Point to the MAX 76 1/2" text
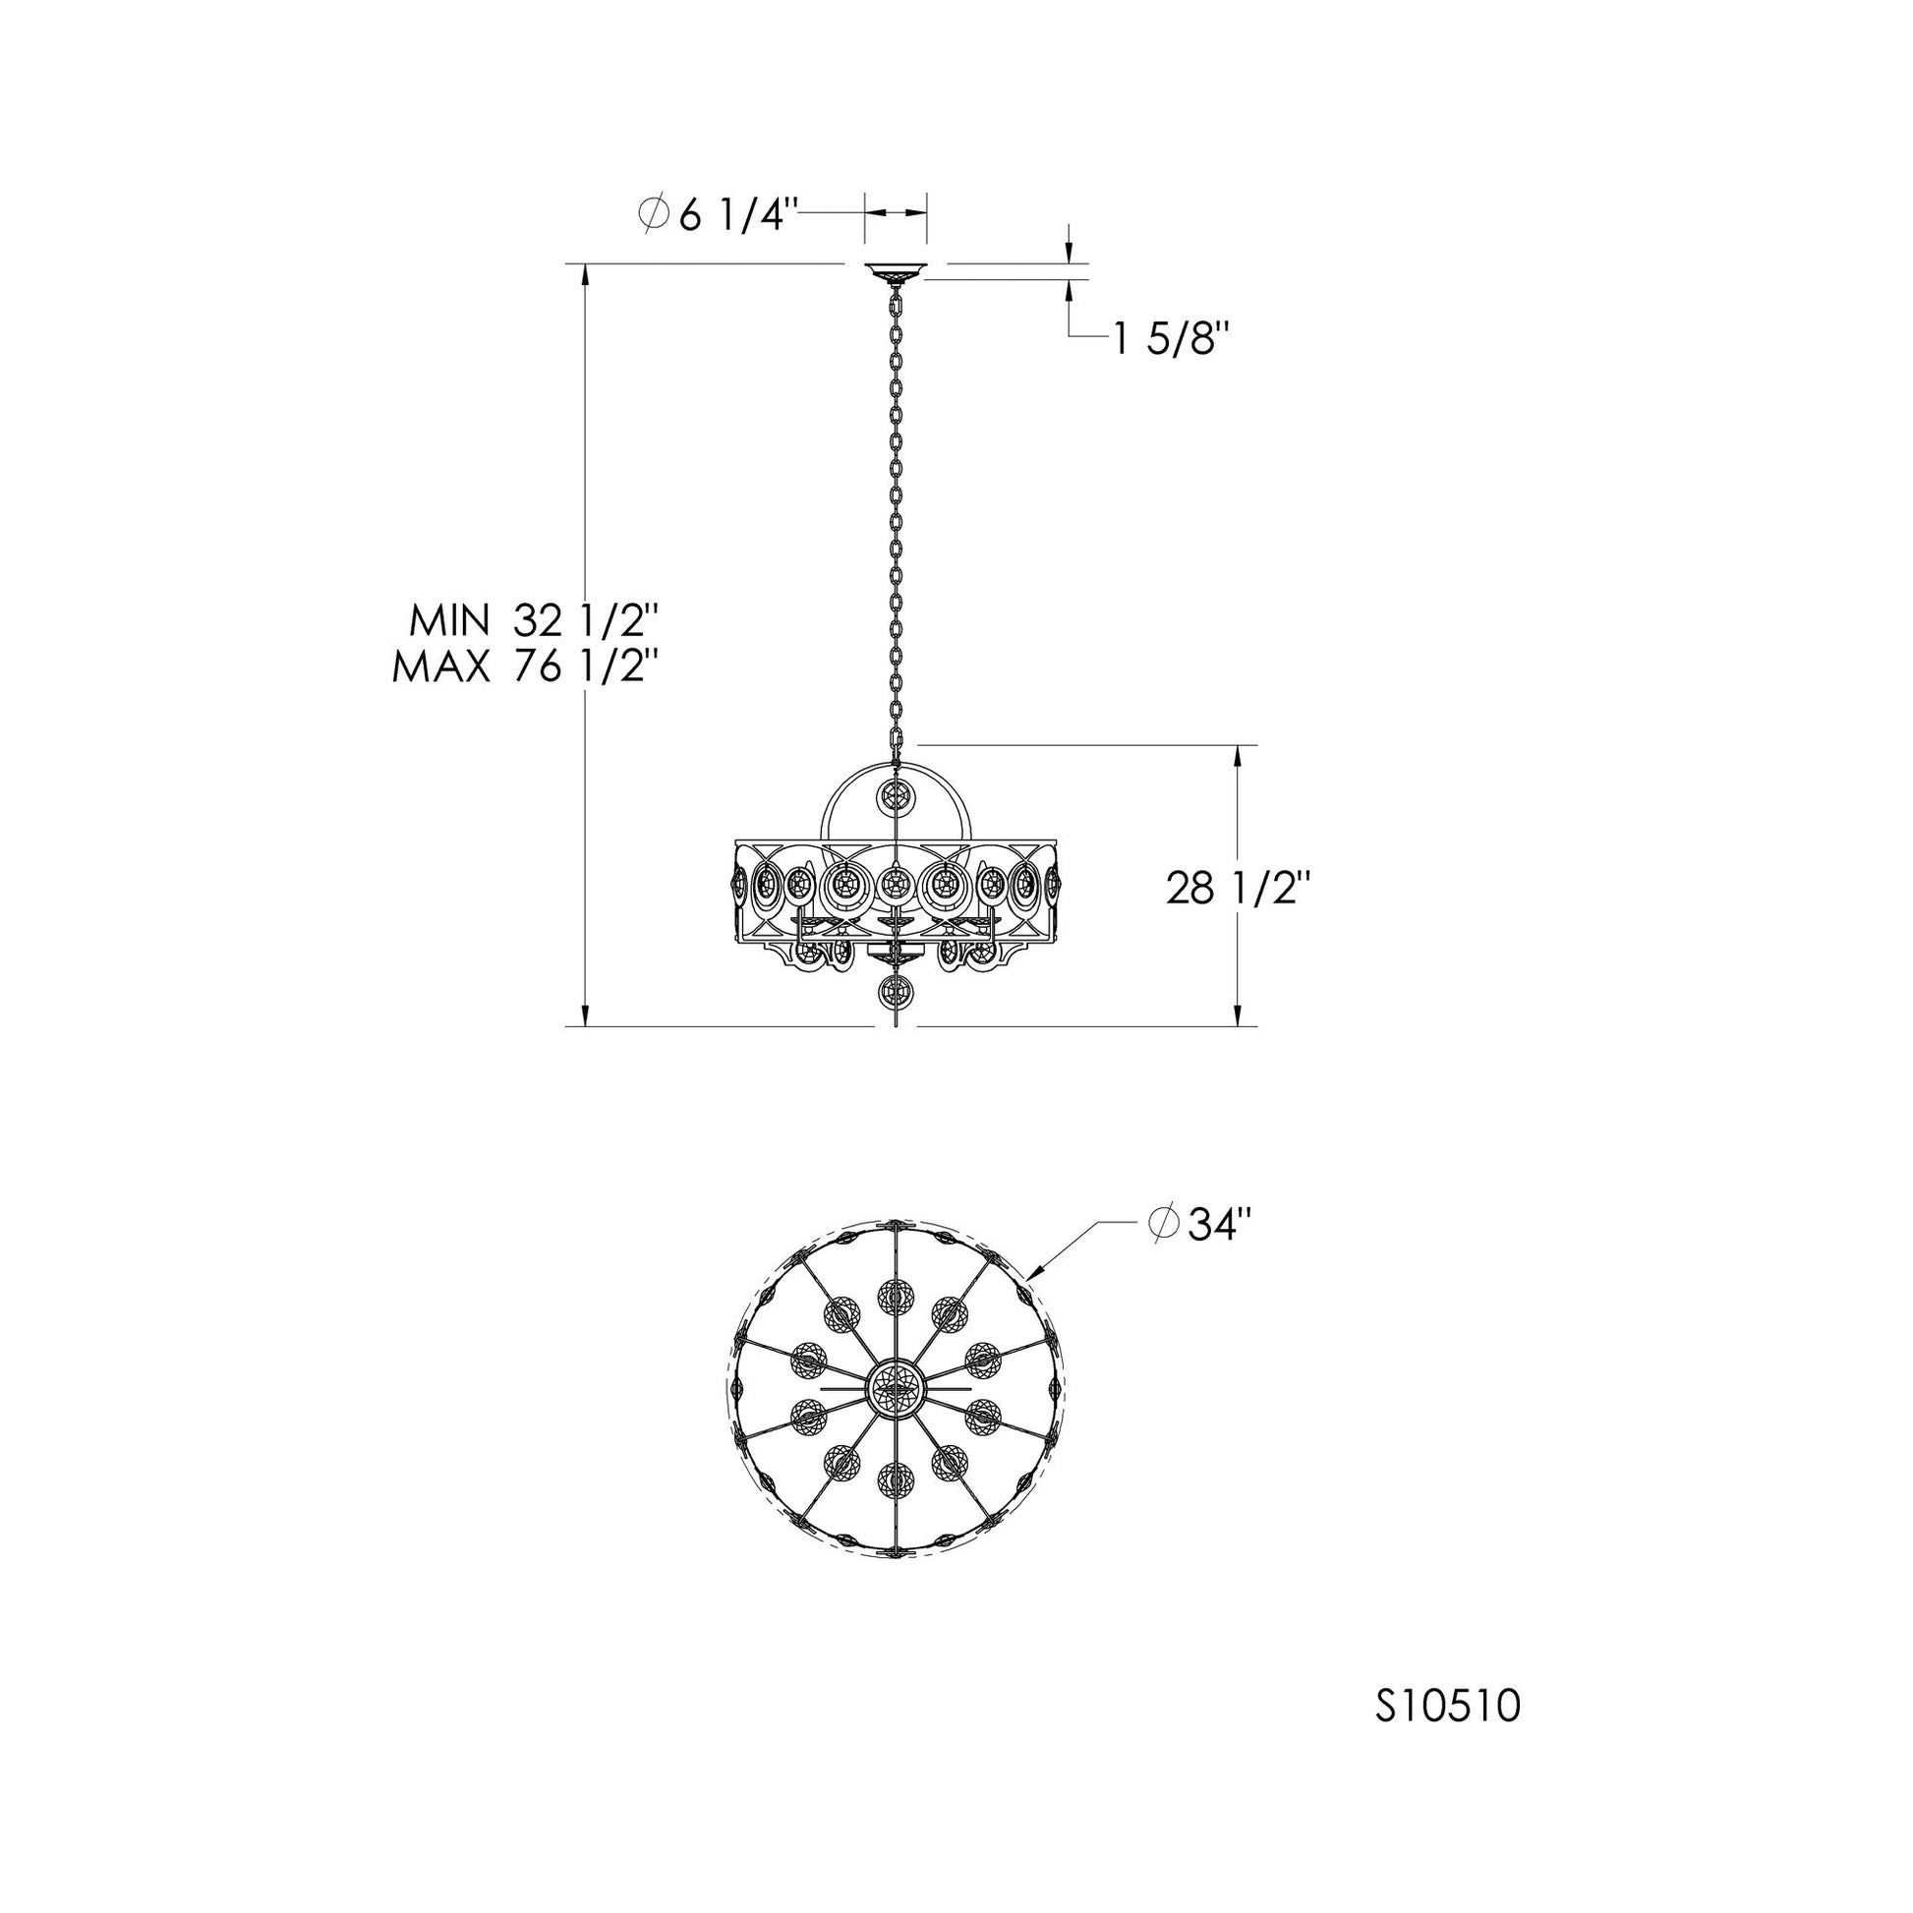[x=526, y=667]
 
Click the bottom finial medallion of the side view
[x=897, y=991]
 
